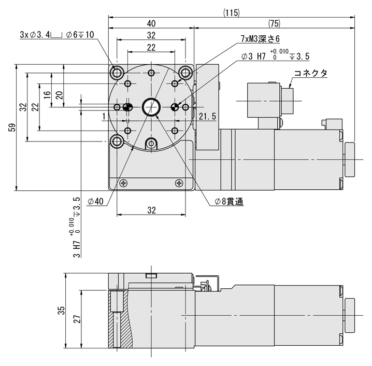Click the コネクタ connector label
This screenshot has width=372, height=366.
point(310,73)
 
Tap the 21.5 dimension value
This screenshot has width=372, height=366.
point(207,117)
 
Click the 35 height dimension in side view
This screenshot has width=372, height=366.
point(61,311)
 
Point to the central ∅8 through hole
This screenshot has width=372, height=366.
point(151,107)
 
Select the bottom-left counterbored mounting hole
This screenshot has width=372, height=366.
point(118,140)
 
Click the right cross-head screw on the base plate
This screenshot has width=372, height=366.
point(179,183)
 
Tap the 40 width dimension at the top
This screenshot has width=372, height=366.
point(151,23)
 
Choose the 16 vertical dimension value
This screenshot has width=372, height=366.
point(47,94)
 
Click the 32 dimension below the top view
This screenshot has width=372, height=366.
point(151,210)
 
